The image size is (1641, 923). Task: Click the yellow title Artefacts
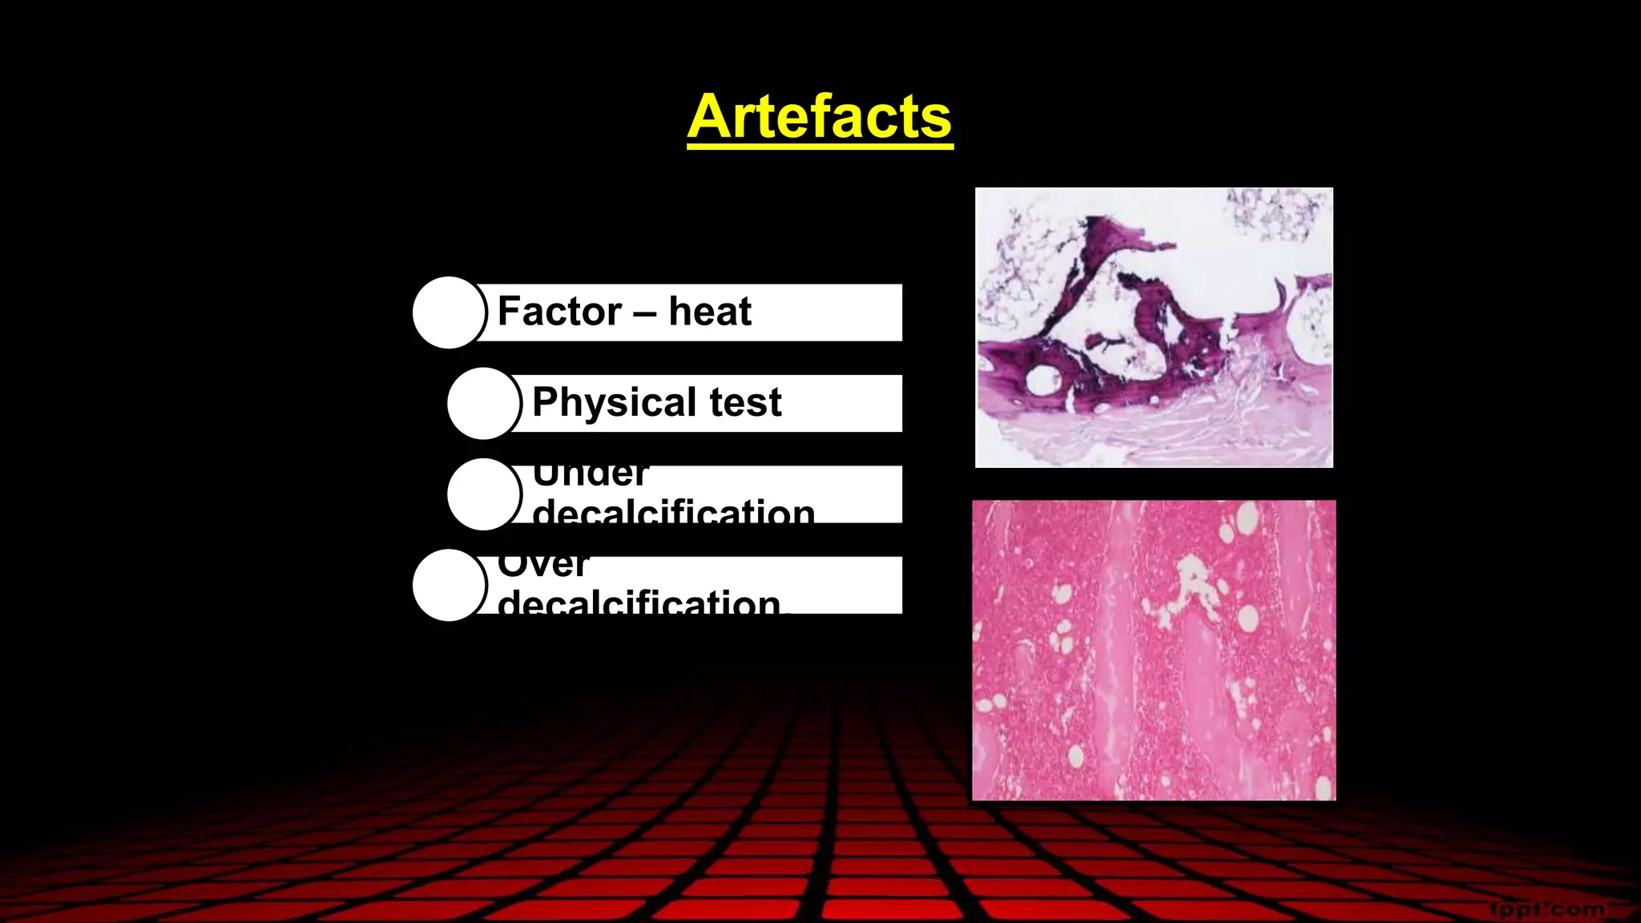pos(820,116)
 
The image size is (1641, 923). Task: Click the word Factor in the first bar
pos(559,311)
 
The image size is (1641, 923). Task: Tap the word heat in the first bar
pos(710,311)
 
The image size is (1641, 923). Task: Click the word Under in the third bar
pos(590,475)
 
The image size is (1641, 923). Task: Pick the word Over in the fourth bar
pos(542,566)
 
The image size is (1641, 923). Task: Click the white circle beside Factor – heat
pos(449,312)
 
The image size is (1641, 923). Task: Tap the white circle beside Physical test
pos(484,403)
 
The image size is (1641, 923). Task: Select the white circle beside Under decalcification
pos(484,494)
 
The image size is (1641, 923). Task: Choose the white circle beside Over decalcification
pos(449,585)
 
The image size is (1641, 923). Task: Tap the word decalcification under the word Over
pos(639,603)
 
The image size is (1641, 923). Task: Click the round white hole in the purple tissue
pos(1042,380)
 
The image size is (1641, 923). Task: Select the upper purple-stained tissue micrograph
pos(1154,327)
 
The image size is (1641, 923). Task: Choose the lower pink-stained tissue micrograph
pos(1154,650)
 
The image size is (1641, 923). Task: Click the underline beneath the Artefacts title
pos(820,146)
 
